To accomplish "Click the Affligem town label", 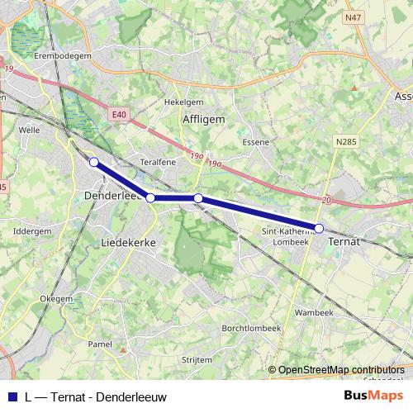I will click(x=202, y=120).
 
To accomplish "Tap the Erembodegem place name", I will click(x=62, y=55).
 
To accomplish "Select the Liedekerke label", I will click(x=129, y=244).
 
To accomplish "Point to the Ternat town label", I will click(x=345, y=240).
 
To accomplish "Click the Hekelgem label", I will click(x=183, y=102).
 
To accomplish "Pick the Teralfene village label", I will click(x=159, y=163).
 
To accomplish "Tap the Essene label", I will click(x=256, y=142).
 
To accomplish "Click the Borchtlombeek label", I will click(x=252, y=328).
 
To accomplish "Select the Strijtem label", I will click(x=197, y=361).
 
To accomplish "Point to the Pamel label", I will click(x=100, y=343).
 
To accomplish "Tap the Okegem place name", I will click(x=56, y=298).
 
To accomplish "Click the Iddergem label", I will click(x=33, y=232).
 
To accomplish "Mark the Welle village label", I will click(x=28, y=130).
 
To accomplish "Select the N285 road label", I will click(x=347, y=142).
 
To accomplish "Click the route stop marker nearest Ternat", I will click(x=319, y=228).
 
